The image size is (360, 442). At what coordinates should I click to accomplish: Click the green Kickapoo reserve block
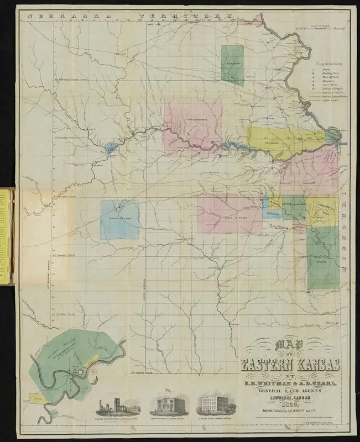click(x=232, y=64)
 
